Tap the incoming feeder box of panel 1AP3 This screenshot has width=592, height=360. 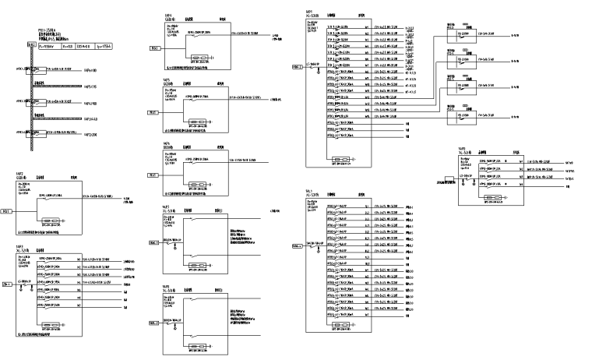pyautogui.click(x=7, y=285)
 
